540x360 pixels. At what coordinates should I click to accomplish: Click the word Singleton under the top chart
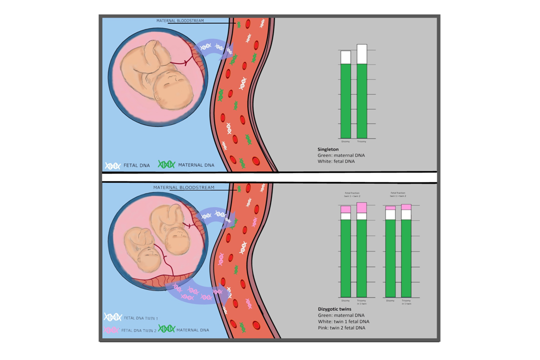tap(328, 149)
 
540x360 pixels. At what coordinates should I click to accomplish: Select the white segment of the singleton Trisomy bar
tap(361, 54)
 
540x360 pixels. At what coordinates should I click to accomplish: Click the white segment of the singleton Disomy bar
tap(345, 57)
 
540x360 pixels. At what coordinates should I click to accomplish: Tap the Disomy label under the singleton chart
tap(345, 141)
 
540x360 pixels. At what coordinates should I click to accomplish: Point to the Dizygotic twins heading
tap(334, 309)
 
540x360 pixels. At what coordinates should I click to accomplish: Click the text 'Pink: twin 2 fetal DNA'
tap(341, 327)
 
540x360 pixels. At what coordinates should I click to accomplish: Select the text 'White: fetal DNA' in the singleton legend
tap(335, 161)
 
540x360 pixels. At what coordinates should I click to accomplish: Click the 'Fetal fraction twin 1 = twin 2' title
tap(352, 194)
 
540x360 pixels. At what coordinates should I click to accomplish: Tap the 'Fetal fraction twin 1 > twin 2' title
tap(398, 194)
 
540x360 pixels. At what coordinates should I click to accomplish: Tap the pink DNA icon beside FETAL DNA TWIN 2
tap(111, 330)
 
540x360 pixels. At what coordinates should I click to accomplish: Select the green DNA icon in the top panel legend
tap(166, 164)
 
